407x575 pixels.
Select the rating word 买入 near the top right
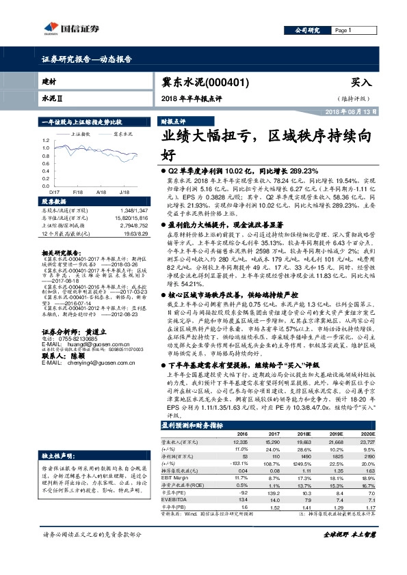[360, 81]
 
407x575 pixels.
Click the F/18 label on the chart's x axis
[77, 193]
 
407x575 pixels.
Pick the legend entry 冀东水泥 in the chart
[123, 135]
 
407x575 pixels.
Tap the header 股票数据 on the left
[55, 203]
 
